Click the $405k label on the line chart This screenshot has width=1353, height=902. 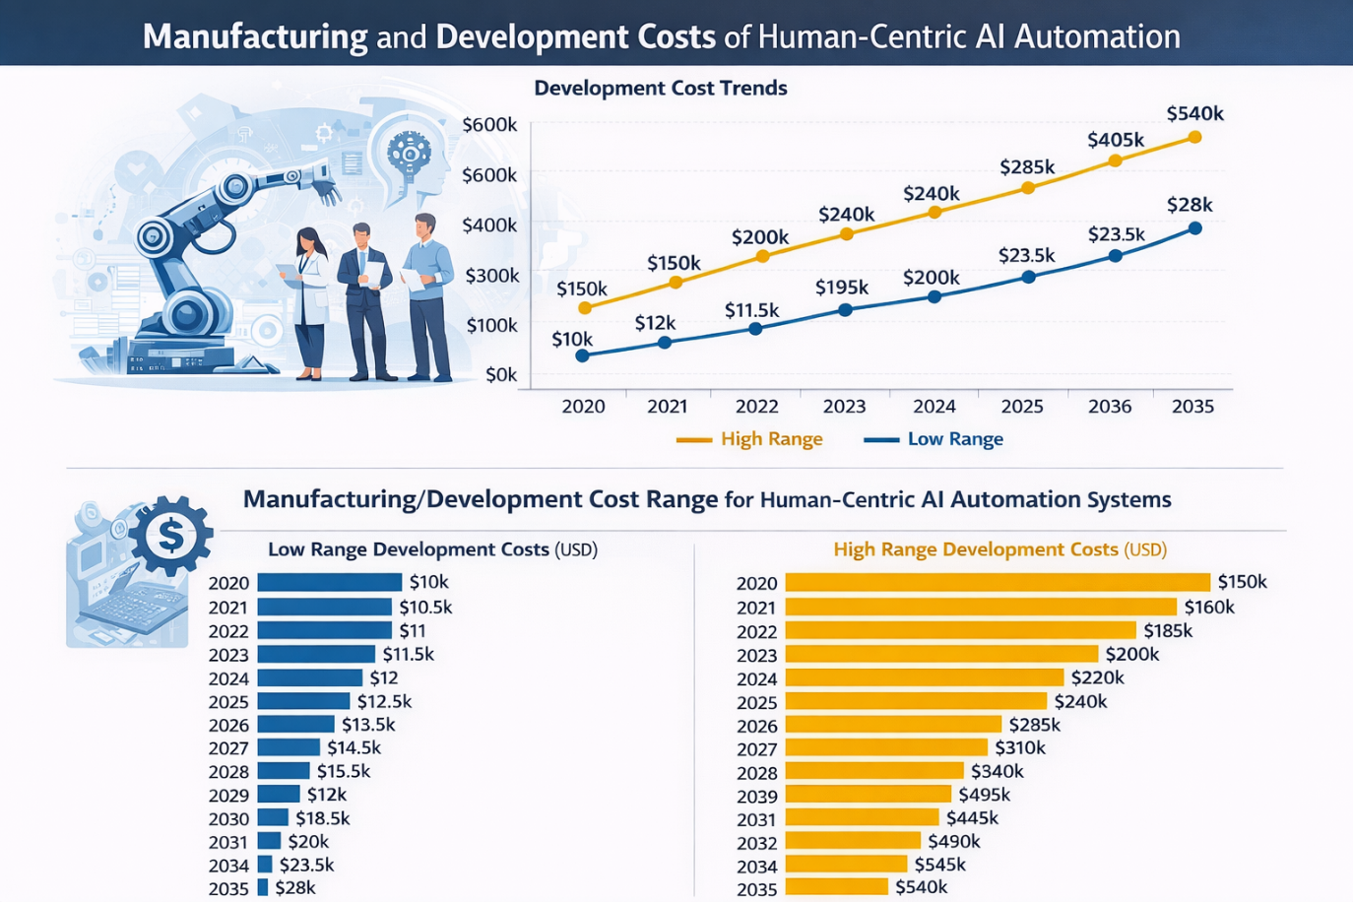coord(1115,140)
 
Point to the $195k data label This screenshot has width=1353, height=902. coord(842,288)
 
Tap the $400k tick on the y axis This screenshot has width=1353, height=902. coord(489,225)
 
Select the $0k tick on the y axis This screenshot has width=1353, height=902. coord(501,375)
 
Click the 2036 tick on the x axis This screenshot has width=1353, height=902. coord(1110,407)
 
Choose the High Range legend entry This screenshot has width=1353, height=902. coord(750,439)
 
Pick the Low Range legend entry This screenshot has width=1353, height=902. coord(934,439)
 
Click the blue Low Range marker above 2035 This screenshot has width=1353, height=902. coord(1195,228)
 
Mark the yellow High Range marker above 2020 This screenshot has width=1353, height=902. coord(585,308)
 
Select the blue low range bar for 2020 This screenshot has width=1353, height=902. coord(329,582)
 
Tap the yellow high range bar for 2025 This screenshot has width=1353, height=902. coord(916,701)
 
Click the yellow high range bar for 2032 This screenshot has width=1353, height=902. coord(853,841)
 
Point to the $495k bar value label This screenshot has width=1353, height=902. coord(984,795)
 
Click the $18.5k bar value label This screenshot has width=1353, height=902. coord(322,818)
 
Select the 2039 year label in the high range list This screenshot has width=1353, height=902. coord(756,796)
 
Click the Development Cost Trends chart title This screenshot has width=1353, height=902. coord(660,89)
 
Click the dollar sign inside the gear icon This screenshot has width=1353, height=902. coord(170,535)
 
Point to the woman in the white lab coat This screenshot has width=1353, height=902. coord(309,300)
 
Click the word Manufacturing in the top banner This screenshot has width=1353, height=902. coord(255,36)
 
